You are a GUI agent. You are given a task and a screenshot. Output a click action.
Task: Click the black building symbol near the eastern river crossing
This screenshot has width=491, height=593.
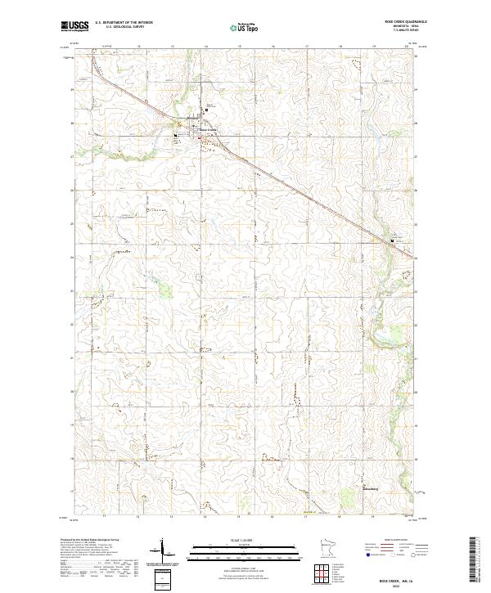coord(392,240)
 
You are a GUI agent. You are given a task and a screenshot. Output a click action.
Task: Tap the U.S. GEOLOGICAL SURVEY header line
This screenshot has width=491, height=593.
coord(124,28)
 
